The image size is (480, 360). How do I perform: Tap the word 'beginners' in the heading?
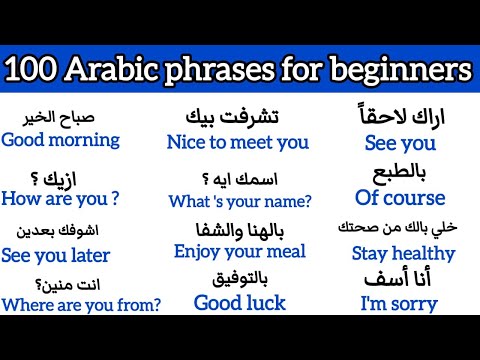click(404, 70)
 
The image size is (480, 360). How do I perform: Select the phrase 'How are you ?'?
click(61, 197)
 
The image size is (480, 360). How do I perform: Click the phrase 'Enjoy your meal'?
click(238, 251)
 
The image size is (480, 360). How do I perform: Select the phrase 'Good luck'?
click(240, 302)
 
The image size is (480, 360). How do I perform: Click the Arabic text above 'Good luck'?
click(239, 276)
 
